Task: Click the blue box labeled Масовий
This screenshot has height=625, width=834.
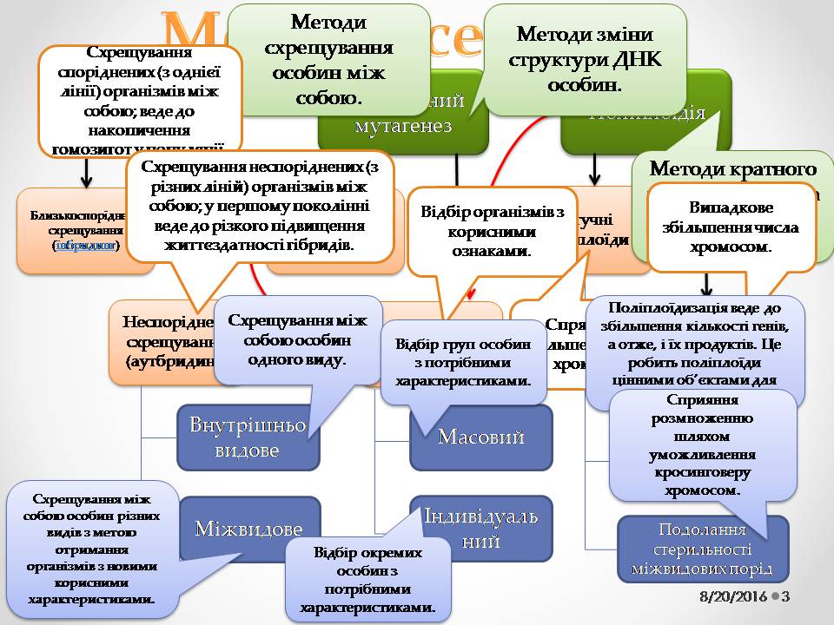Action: coord(481,436)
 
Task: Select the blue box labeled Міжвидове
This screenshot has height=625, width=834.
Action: coord(248,529)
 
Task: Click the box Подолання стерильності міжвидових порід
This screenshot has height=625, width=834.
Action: coord(704,549)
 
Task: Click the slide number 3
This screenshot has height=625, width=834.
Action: coord(785,597)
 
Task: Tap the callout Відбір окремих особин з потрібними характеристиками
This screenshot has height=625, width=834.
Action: coord(368,580)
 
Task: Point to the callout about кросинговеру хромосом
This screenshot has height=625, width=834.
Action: coord(704,444)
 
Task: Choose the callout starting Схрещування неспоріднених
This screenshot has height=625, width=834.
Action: coord(261,203)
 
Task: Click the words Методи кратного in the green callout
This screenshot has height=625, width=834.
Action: coord(732,168)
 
